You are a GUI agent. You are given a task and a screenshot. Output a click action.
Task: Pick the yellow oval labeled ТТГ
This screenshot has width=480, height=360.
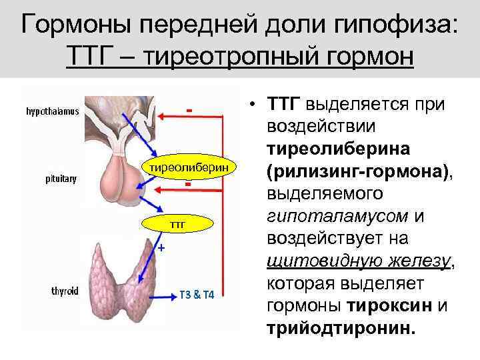point(177,225)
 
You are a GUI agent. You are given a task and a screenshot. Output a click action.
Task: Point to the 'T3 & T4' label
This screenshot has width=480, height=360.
point(197,295)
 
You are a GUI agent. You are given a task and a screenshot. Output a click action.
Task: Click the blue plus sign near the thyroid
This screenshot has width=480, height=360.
point(160,248)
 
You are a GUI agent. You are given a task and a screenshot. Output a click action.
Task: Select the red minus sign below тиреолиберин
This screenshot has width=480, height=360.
point(189,184)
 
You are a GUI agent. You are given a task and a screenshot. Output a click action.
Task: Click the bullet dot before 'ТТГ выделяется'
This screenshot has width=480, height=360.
point(254,105)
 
